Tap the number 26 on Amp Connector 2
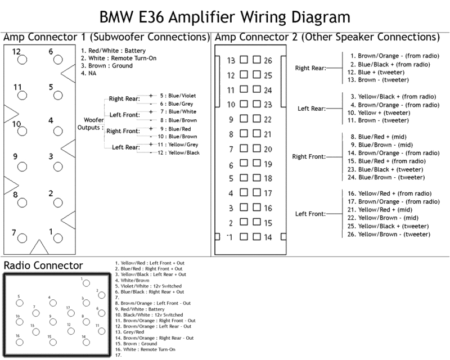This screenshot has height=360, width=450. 267,60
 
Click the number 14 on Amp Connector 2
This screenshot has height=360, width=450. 267,237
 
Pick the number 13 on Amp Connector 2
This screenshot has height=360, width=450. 231,60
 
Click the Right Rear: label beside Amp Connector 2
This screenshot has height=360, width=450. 310,68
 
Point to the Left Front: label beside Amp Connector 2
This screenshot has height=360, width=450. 310,214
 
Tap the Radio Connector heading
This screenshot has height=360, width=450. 43,265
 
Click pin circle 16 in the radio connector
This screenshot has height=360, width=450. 19,344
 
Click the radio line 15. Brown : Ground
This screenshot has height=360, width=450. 136,343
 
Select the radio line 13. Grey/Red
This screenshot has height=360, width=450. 129,331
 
